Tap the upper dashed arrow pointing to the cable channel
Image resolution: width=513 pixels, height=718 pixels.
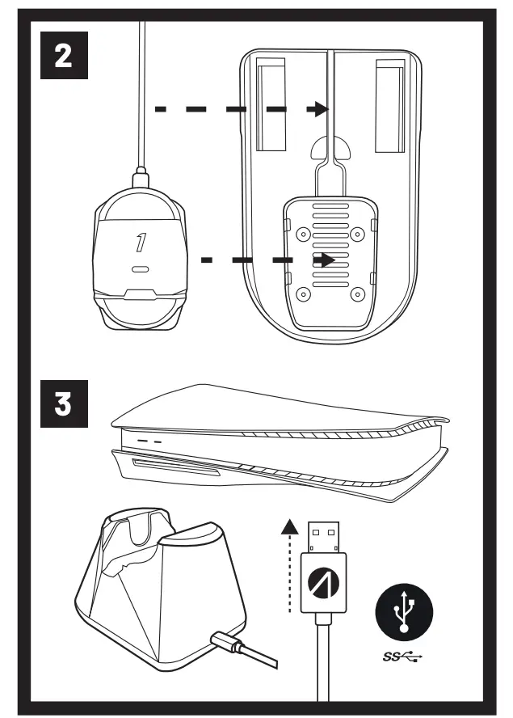coord(242,108)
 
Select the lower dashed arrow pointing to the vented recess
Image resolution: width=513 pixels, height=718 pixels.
coord(267,260)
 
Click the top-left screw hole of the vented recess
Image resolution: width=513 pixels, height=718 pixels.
coord(303,234)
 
